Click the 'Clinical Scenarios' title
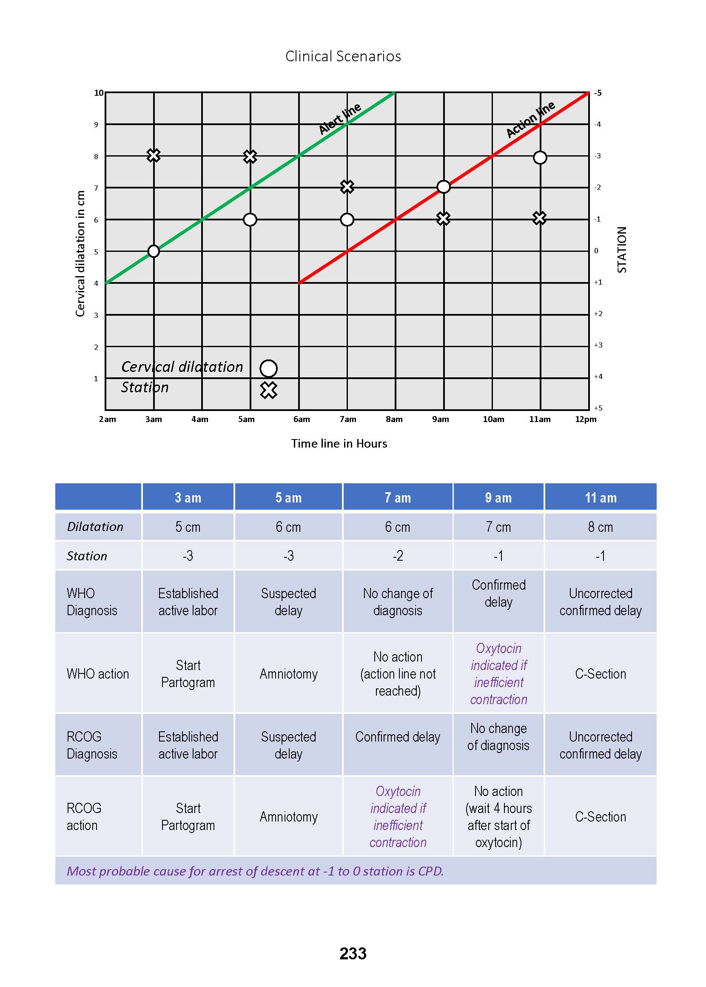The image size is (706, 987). tap(343, 56)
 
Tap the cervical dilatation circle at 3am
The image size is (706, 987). tap(154, 251)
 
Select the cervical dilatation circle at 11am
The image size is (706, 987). tap(540, 157)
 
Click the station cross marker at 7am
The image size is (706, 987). tap(347, 187)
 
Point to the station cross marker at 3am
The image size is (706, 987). tap(154, 155)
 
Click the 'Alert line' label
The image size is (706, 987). tap(339, 118)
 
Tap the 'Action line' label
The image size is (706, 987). tap(530, 119)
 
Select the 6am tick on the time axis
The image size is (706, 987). tap(301, 419)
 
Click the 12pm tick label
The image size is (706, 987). tap(586, 419)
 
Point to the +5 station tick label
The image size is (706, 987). tap(598, 408)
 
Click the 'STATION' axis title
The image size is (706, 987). tap(622, 250)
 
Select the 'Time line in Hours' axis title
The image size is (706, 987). tap(339, 443)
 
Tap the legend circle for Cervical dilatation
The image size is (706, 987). tap(269, 368)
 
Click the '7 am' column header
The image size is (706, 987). tap(397, 497)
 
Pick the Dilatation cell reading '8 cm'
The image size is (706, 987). tap(601, 527)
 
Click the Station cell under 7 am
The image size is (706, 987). tap(397, 556)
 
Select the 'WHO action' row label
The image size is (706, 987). tap(98, 673)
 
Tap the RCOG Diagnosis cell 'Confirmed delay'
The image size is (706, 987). tap(397, 736)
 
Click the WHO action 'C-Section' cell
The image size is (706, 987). tap(601, 673)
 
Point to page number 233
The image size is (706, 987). tap(353, 953)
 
